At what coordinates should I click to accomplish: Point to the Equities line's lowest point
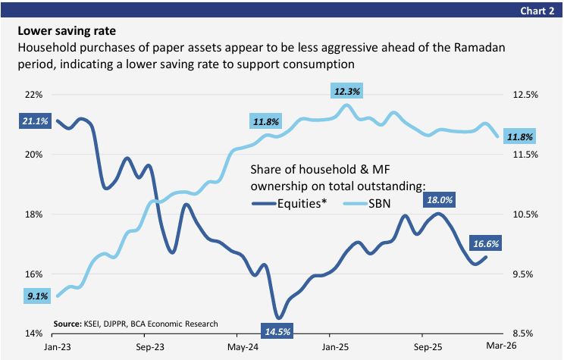[x=278, y=318]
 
